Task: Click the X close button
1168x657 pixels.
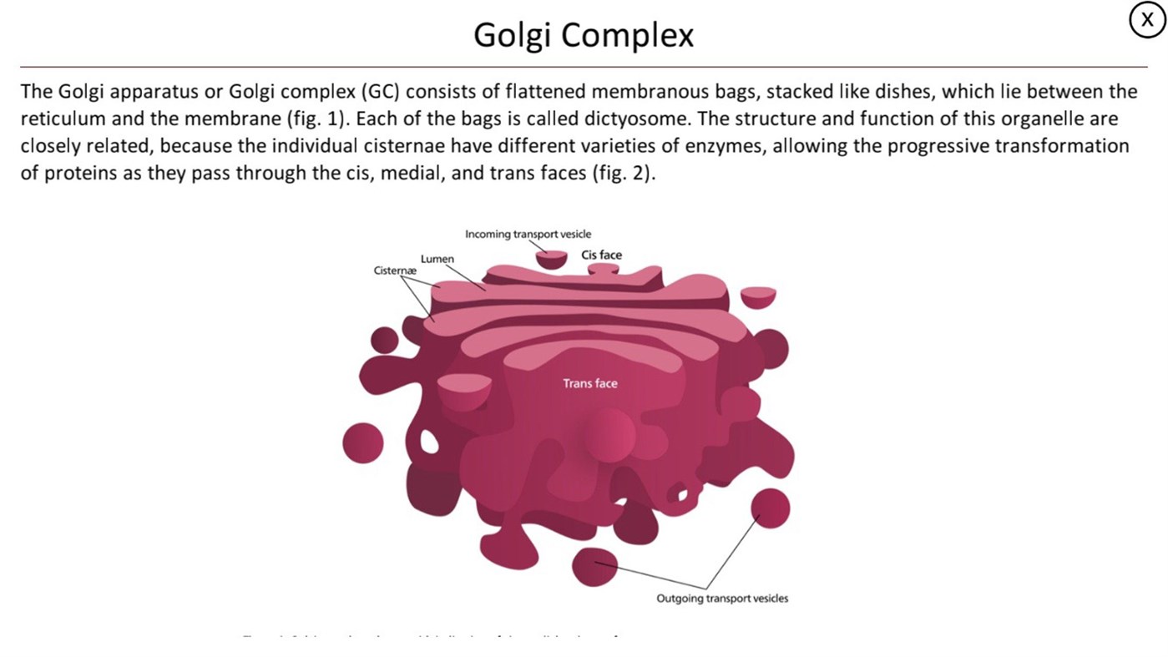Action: pyautogui.click(x=1147, y=21)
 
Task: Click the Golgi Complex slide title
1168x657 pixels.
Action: pyautogui.click(x=584, y=35)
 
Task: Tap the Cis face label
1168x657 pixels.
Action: pyautogui.click(x=601, y=255)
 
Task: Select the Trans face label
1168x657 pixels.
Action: pyautogui.click(x=589, y=383)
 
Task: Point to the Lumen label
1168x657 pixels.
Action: pyautogui.click(x=437, y=259)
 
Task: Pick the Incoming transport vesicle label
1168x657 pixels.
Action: pyautogui.click(x=528, y=234)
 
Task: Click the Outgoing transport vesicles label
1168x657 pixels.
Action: pyautogui.click(x=721, y=598)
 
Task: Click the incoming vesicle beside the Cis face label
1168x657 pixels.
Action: pyautogui.click(x=551, y=260)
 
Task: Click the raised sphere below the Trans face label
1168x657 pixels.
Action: pyautogui.click(x=609, y=434)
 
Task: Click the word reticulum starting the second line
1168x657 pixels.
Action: pyautogui.click(x=63, y=119)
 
